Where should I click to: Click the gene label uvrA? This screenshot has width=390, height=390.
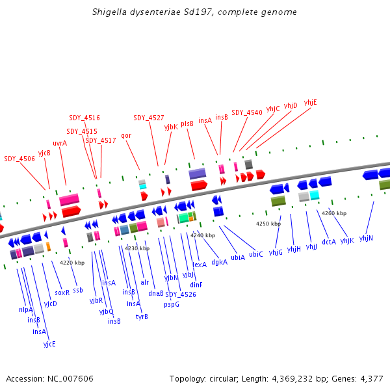tap(60, 144)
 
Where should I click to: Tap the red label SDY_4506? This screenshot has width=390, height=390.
tap(19, 159)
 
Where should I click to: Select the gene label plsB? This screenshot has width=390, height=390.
tap(187, 123)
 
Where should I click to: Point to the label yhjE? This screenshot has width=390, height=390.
tap(311, 102)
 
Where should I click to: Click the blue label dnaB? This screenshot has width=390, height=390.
tap(156, 292)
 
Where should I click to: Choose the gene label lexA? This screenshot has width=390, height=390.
tap(200, 265)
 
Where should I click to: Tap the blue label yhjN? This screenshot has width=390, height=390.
tap(366, 239)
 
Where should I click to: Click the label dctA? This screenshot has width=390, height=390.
tap(329, 242)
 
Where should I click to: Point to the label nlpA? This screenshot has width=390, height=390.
tap(26, 309)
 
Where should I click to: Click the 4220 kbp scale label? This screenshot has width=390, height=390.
tap(72, 263)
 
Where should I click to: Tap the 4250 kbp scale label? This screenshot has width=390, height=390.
tap(268, 224)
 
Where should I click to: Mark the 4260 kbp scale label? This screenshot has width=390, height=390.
tap(334, 213)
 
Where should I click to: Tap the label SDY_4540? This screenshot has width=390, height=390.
tap(247, 112)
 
